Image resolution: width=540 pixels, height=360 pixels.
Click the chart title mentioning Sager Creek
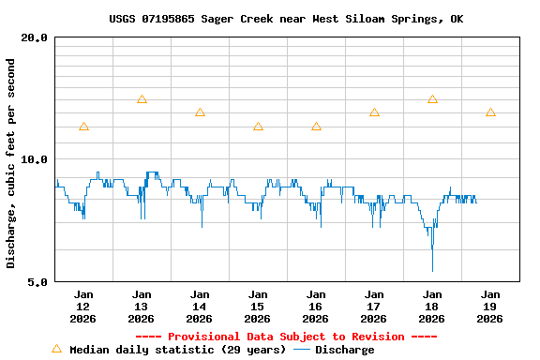click(286, 19)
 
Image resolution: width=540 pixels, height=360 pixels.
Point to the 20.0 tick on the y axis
click(35, 37)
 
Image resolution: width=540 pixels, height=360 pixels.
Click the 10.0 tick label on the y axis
click(35, 159)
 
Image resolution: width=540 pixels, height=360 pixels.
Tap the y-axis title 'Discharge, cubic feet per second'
click(11, 163)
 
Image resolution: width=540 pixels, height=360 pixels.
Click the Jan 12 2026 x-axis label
click(83, 307)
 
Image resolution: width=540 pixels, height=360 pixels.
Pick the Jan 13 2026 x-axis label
click(142, 307)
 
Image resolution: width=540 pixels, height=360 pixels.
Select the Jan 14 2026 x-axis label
click(200, 307)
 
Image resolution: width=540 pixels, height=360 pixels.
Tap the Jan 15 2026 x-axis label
click(258, 307)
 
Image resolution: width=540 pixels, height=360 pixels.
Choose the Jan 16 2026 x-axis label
click(316, 307)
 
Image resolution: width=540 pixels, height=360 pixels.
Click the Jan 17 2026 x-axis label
click(374, 307)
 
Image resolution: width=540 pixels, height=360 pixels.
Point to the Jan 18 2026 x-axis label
click(432, 307)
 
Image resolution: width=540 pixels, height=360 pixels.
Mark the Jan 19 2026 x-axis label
click(490, 307)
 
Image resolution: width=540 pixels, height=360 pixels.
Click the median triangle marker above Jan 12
click(83, 127)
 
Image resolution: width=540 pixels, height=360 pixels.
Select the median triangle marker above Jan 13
click(142, 99)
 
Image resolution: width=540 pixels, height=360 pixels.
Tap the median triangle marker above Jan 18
click(432, 99)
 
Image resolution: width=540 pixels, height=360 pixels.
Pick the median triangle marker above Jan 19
click(490, 112)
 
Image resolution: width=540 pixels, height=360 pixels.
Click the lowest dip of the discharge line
click(432, 270)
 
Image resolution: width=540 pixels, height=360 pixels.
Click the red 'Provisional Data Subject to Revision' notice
click(286, 337)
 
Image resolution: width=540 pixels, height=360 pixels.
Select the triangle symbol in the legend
click(56, 349)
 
